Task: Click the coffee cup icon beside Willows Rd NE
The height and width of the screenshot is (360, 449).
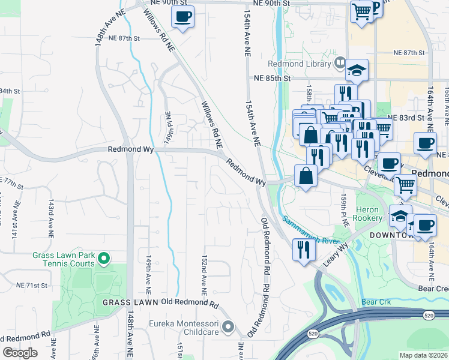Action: coord(183,16)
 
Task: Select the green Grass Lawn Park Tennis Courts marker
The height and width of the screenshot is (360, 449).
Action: coord(104,259)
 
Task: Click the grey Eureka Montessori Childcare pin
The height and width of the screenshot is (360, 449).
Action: coord(228,327)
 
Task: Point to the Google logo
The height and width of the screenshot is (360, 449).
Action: coord(20,352)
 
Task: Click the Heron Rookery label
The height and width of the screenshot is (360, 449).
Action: coord(367,214)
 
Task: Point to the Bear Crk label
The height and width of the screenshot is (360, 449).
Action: coord(376,301)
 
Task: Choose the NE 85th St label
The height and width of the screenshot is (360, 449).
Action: coord(271,78)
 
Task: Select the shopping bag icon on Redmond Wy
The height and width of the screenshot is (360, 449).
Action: coord(306,176)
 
